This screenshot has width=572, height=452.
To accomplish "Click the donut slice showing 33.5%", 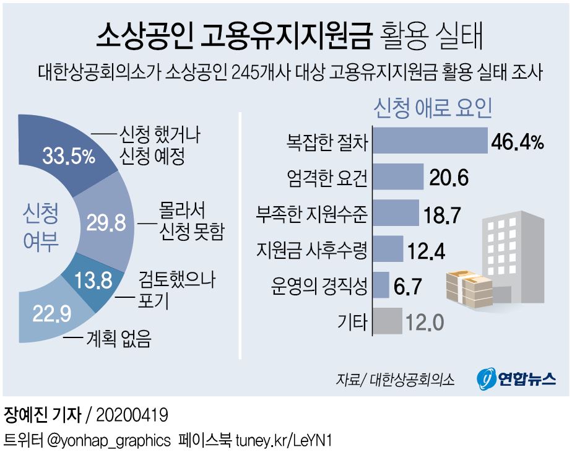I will pos(68,155).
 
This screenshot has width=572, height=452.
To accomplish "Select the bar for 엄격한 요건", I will pos(399,178).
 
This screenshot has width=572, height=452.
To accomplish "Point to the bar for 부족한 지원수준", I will pos(396,214).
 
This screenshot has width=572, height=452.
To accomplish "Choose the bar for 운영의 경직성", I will pos(381,286).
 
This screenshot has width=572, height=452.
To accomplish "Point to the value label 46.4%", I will pos(517,143).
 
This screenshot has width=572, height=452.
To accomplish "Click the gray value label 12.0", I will pos(425,323).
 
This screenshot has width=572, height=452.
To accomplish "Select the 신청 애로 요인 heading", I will pos(433,109).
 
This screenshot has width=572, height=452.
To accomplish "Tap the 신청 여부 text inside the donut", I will pos(41,228).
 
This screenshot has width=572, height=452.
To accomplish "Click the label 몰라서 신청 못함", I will pos(184,220).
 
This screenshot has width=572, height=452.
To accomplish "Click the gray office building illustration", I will pos(517,254).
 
